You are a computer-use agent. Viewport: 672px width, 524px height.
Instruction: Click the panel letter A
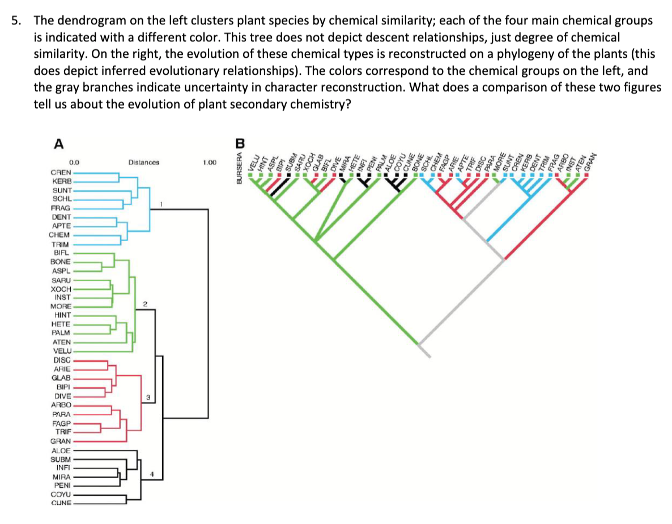[x=57, y=144]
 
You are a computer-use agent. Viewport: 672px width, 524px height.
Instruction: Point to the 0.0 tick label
[x=74, y=162]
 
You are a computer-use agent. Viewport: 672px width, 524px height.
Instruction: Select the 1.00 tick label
[x=209, y=162]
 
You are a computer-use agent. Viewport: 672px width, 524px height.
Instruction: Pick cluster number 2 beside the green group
[x=145, y=305]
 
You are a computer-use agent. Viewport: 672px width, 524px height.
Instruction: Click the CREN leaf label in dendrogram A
[x=61, y=171]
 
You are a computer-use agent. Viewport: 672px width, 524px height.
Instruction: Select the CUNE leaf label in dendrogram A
[x=61, y=503]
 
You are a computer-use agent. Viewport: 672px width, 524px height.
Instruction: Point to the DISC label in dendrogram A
[x=62, y=359]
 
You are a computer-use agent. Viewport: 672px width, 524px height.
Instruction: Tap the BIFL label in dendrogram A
[x=61, y=252]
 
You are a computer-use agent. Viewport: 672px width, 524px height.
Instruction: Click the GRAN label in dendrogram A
[x=61, y=441]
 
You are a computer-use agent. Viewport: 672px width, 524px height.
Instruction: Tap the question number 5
[x=16, y=22]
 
